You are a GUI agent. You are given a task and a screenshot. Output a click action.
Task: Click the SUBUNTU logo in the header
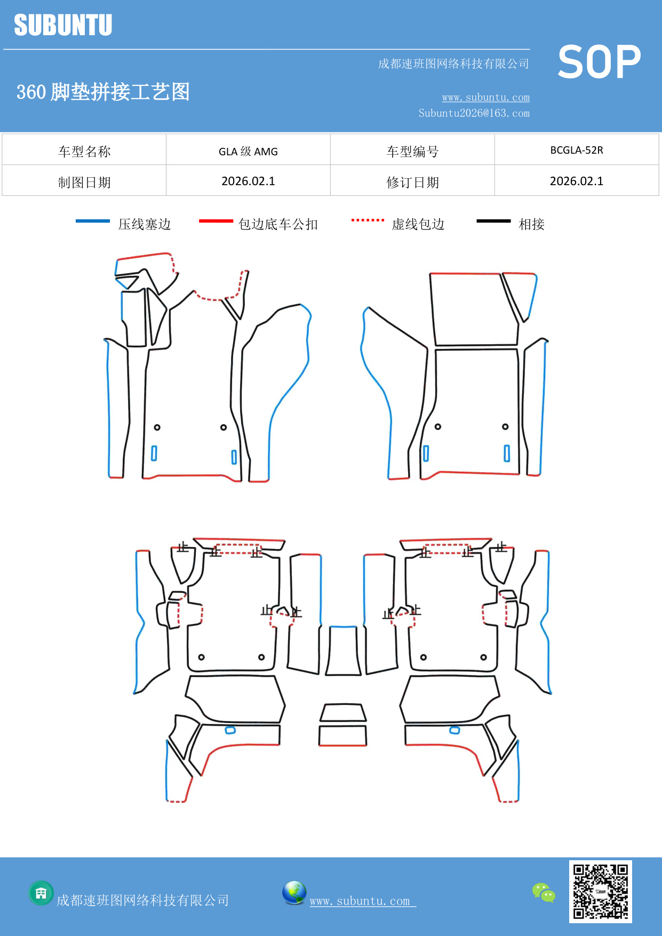coord(63,25)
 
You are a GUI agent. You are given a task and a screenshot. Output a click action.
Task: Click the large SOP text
coord(599,62)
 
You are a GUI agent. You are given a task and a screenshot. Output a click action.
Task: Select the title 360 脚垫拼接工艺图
coord(103,92)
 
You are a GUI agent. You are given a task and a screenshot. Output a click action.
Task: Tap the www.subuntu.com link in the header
coord(485,97)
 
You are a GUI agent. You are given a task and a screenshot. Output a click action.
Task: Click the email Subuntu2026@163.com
coord(474,113)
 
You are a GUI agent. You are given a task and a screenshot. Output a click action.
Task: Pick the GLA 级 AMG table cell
coord(248,151)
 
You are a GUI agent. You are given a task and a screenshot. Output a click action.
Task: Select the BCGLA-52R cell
coord(577,150)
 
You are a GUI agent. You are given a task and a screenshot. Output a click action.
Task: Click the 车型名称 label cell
coord(84,151)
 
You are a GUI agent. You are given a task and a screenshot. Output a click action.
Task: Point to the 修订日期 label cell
coord(412,182)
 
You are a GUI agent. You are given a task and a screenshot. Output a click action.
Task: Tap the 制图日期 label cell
coord(84,182)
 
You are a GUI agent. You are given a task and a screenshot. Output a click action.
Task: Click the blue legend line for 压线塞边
coord(93,221)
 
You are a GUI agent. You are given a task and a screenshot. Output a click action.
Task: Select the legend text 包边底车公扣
coord(278,224)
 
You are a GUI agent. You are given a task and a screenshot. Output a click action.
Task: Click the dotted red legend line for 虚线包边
coord(368,220)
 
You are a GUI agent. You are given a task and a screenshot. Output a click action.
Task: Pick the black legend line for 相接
coord(493,221)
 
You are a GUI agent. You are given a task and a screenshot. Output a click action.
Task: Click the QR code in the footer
coord(600,891)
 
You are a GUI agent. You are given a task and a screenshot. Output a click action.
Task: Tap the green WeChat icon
coord(544,892)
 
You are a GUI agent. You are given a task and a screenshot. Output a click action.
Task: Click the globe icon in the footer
coord(294,893)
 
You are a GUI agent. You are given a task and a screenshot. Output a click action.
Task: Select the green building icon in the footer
coord(41,893)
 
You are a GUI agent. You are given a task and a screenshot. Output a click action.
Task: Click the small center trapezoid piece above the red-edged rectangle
coord(343,712)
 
